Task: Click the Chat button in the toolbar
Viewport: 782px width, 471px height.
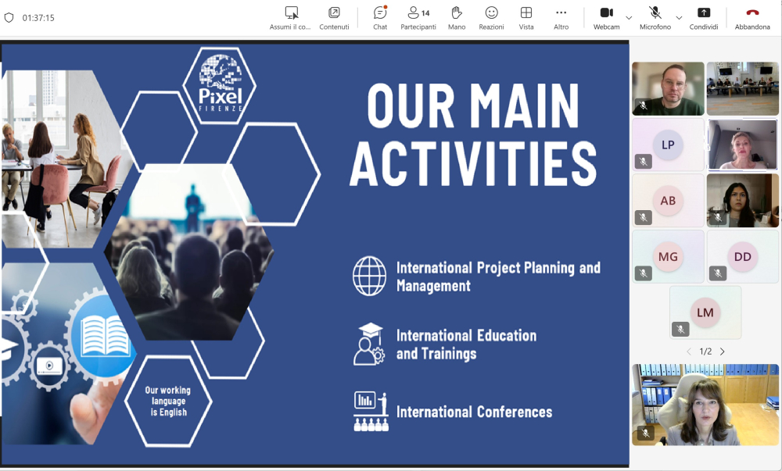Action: click(x=380, y=18)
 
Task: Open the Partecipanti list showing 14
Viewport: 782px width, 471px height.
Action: click(x=418, y=18)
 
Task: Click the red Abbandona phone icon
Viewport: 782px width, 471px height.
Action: click(x=752, y=12)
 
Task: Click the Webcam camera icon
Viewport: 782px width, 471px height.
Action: click(x=607, y=12)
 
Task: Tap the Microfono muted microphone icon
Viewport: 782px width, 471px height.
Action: click(x=655, y=12)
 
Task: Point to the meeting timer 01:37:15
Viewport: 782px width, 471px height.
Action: click(x=38, y=18)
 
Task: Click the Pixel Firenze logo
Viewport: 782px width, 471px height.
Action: click(x=220, y=84)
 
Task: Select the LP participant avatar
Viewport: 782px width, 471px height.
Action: click(x=668, y=145)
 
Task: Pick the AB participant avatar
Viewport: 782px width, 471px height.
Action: click(x=668, y=201)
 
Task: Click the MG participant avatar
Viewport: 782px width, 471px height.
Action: click(x=668, y=256)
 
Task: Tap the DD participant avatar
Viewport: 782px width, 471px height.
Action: click(x=743, y=256)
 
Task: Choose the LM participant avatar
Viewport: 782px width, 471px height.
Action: click(x=705, y=312)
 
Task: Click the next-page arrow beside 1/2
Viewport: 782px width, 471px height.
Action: click(x=722, y=351)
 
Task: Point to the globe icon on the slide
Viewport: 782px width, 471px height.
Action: click(x=370, y=276)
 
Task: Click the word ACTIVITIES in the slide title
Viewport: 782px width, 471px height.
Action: click(x=473, y=163)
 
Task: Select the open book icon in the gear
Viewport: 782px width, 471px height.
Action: click(x=105, y=336)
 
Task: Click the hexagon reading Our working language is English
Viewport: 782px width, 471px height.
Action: click(x=169, y=401)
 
